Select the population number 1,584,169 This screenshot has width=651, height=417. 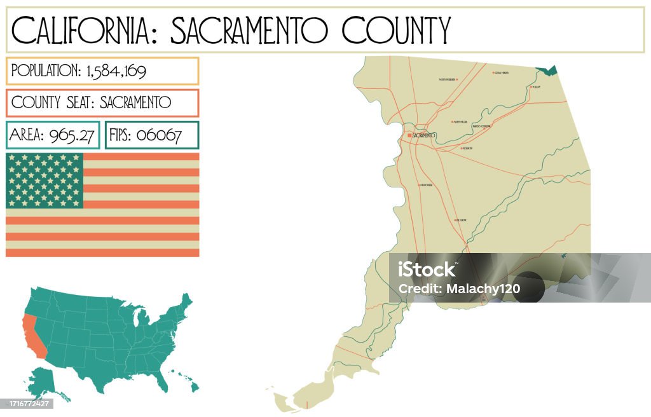[115, 71]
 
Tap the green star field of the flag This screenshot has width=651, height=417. [45, 181]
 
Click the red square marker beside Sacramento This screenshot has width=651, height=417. [409, 135]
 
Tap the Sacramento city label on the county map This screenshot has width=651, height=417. [423, 135]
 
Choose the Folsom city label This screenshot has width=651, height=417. [535, 86]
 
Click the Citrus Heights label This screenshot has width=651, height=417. [502, 72]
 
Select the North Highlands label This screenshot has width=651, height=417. [449, 79]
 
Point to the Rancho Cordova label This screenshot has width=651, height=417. [482, 126]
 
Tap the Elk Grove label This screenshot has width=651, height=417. [462, 220]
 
